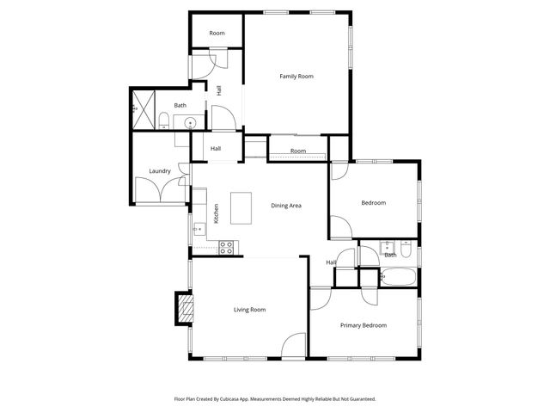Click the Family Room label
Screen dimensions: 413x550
pos(296,77)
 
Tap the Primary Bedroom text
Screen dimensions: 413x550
pos(363,325)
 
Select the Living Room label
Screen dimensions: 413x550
pos(250,309)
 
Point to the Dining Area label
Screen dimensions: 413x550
pos(286,206)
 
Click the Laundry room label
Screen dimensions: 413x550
pos(160,171)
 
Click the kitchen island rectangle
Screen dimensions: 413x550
pos(241,207)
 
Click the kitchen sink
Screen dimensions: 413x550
pos(199,228)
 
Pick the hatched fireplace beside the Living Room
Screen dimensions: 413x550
pos(183,306)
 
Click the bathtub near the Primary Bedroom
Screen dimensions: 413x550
pos(398,277)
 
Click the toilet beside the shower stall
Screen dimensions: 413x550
pos(163,119)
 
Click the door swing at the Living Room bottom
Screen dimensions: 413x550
pos(294,346)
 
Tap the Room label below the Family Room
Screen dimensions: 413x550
pos(297,151)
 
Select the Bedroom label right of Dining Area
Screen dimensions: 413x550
pos(373,203)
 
